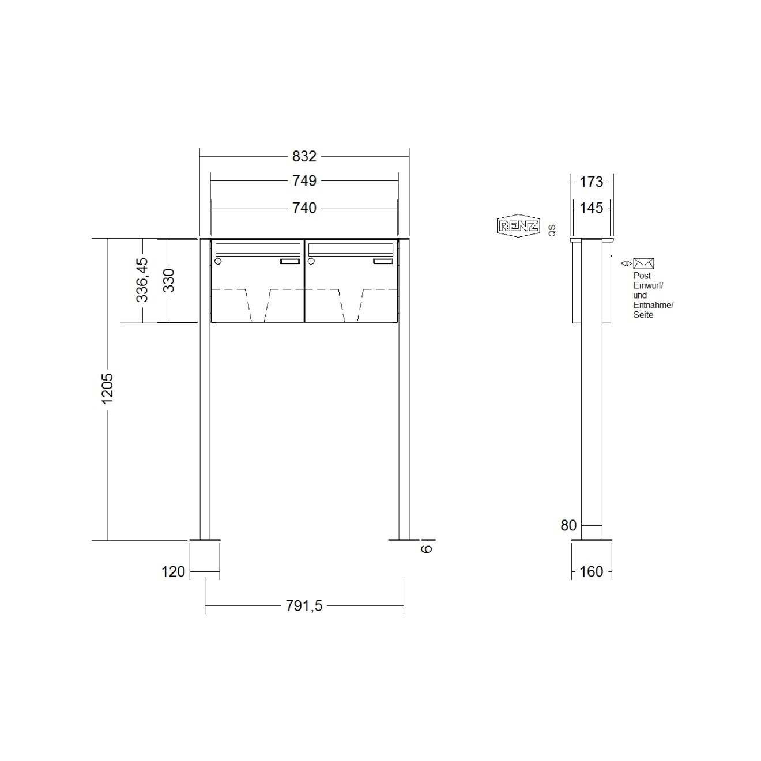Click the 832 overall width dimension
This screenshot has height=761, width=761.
304,156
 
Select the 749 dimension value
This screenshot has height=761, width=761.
304,181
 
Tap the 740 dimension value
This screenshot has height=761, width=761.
304,208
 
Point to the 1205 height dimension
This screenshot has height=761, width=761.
107,389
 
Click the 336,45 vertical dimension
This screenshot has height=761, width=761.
142,280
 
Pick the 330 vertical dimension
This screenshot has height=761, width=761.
169,281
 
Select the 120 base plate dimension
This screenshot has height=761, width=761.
173,571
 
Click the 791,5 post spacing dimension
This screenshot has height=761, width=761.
304,606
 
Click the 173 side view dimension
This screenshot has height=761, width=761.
591,182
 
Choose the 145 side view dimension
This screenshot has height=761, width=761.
591,208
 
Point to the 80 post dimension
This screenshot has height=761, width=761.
568,525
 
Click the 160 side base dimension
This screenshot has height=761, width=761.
592,571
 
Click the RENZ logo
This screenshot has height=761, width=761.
518,226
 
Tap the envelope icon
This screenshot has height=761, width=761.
643,263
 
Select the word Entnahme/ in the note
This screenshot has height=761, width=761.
653,305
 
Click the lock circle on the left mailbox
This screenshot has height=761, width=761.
218,262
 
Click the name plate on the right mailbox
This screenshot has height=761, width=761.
382,262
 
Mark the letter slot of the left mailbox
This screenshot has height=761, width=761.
257,249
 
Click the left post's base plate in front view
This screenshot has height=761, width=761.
205,540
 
